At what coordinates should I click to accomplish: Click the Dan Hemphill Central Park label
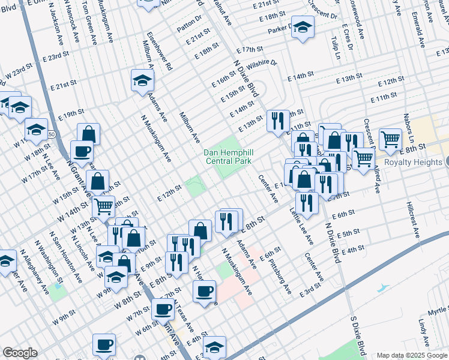point(228,157)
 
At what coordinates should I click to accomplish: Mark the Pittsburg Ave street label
point(280,277)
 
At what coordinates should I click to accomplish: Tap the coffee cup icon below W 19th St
point(82,151)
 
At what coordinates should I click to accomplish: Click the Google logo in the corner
point(20,352)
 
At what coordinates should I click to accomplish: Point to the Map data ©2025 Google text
point(411,355)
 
